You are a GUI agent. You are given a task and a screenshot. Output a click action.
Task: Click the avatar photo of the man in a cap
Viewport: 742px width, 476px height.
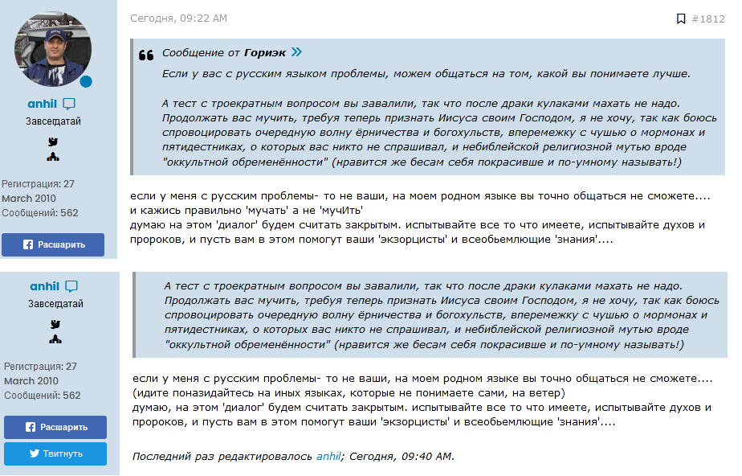point(53,50)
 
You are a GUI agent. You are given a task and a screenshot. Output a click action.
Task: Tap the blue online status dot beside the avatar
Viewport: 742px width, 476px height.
point(86,81)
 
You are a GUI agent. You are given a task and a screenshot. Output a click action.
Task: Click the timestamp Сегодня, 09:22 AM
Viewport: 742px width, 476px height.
point(178,18)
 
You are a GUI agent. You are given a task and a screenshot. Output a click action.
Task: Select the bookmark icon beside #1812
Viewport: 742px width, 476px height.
point(681,18)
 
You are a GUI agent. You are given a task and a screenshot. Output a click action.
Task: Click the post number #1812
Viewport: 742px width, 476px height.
point(707,18)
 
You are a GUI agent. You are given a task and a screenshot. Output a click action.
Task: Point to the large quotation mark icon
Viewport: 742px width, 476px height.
point(145,55)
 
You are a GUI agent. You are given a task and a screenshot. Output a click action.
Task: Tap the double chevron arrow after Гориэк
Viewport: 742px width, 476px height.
point(296,53)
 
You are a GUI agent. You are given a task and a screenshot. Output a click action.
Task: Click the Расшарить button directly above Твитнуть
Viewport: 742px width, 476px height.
point(55,427)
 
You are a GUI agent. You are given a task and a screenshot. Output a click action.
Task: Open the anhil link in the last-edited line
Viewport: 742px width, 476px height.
point(328,456)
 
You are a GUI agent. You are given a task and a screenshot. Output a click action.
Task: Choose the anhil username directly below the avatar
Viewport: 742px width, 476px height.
point(42,104)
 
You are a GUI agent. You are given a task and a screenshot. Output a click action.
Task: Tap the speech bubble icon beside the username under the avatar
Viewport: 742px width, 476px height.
point(69,104)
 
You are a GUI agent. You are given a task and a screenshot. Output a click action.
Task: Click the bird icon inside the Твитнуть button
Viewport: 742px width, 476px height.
point(35,453)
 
